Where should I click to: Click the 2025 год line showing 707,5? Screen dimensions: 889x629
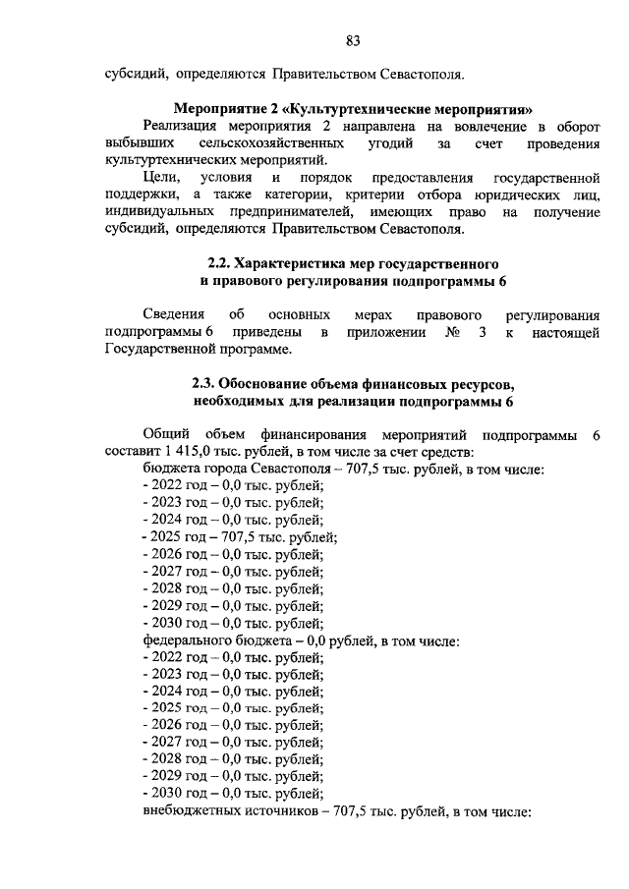241,536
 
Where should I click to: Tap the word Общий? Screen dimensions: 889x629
165,434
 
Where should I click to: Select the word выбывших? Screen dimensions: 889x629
135,144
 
